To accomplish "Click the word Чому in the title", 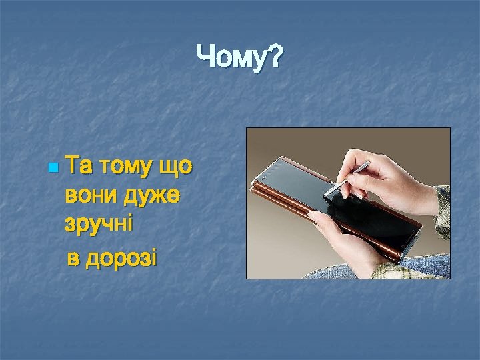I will pos(230,58).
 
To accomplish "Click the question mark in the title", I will pos(273,58).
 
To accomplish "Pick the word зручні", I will pos(99,225).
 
